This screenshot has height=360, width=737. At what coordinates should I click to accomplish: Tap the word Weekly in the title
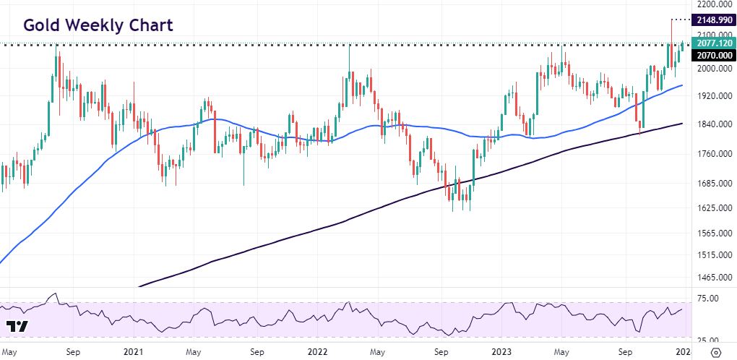point(95,25)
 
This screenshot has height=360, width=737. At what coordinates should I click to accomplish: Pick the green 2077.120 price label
point(712,44)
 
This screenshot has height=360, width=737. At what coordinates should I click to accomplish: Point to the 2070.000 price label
point(712,56)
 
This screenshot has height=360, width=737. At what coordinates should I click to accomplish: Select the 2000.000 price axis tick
point(710,69)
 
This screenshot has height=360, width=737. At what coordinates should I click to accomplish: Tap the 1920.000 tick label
point(710,96)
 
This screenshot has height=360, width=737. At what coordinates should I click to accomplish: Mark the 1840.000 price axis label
point(710,124)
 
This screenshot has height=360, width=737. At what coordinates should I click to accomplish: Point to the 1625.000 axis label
point(710,209)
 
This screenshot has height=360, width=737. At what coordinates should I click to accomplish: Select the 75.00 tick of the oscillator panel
point(706,299)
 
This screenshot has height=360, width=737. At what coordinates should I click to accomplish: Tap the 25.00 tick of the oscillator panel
point(706,340)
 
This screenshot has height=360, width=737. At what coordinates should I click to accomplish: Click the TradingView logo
point(17,325)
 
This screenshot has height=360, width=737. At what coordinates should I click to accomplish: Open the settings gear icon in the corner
point(717,352)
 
